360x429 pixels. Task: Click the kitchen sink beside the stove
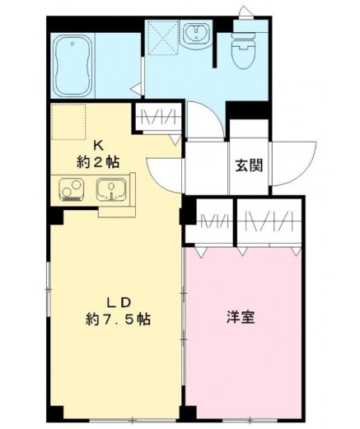coord(110,191)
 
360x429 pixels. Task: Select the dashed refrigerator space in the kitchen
coord(68,120)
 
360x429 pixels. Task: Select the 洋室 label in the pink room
coord(241,317)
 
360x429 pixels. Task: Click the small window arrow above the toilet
coord(245,12)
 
